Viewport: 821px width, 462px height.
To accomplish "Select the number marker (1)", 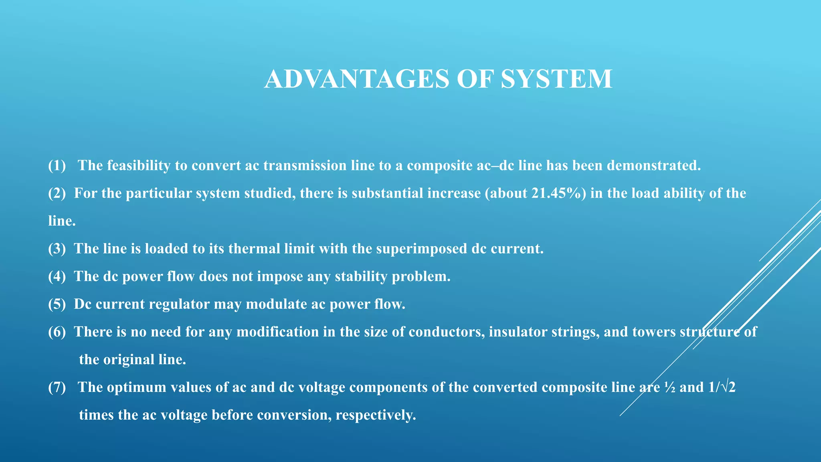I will click(x=57, y=166).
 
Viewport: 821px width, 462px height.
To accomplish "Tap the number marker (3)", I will click(x=57, y=249).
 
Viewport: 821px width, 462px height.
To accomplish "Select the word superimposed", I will click(x=421, y=249).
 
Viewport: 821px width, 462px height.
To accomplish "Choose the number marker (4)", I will click(x=57, y=276).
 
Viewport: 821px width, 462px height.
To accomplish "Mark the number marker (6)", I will click(x=57, y=332).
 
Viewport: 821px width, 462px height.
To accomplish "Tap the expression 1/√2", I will click(x=722, y=387).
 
